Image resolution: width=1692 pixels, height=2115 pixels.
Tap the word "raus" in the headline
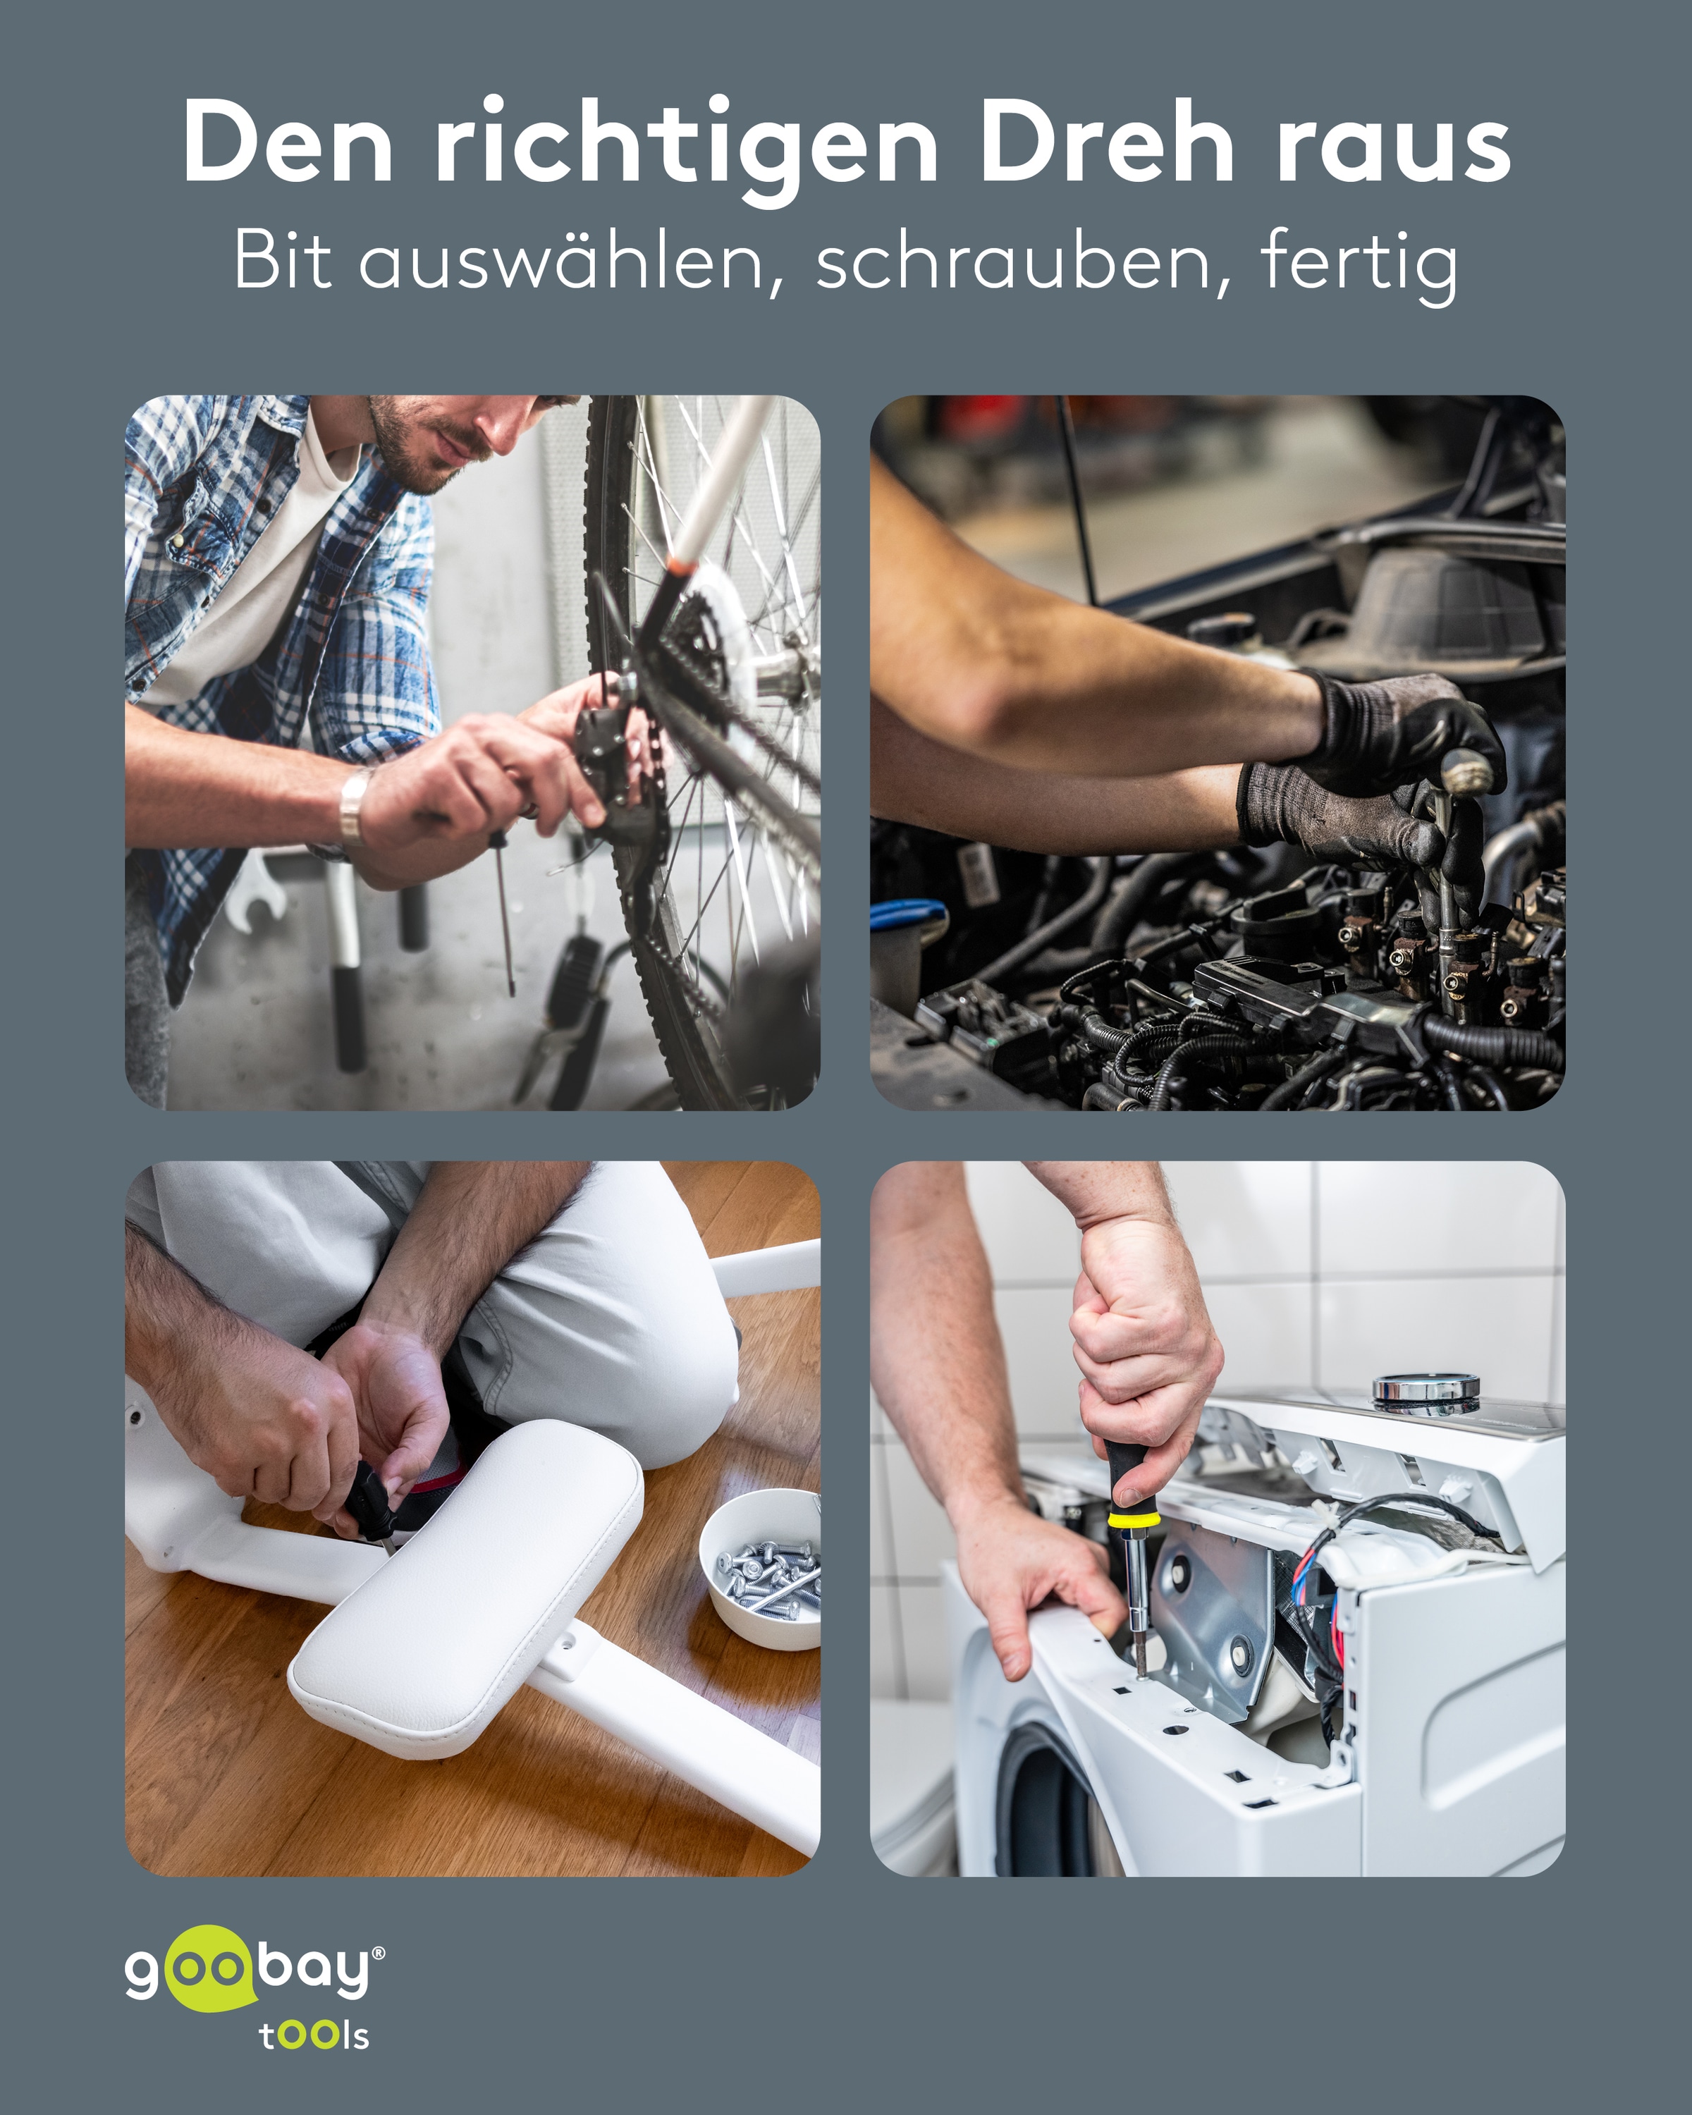click(1393, 147)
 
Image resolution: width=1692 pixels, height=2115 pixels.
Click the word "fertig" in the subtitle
click(1359, 263)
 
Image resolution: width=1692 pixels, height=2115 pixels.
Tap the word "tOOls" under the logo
click(314, 2035)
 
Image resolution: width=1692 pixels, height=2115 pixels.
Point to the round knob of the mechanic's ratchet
click(1466, 772)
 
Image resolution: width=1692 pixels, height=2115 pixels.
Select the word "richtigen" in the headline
click(687, 147)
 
